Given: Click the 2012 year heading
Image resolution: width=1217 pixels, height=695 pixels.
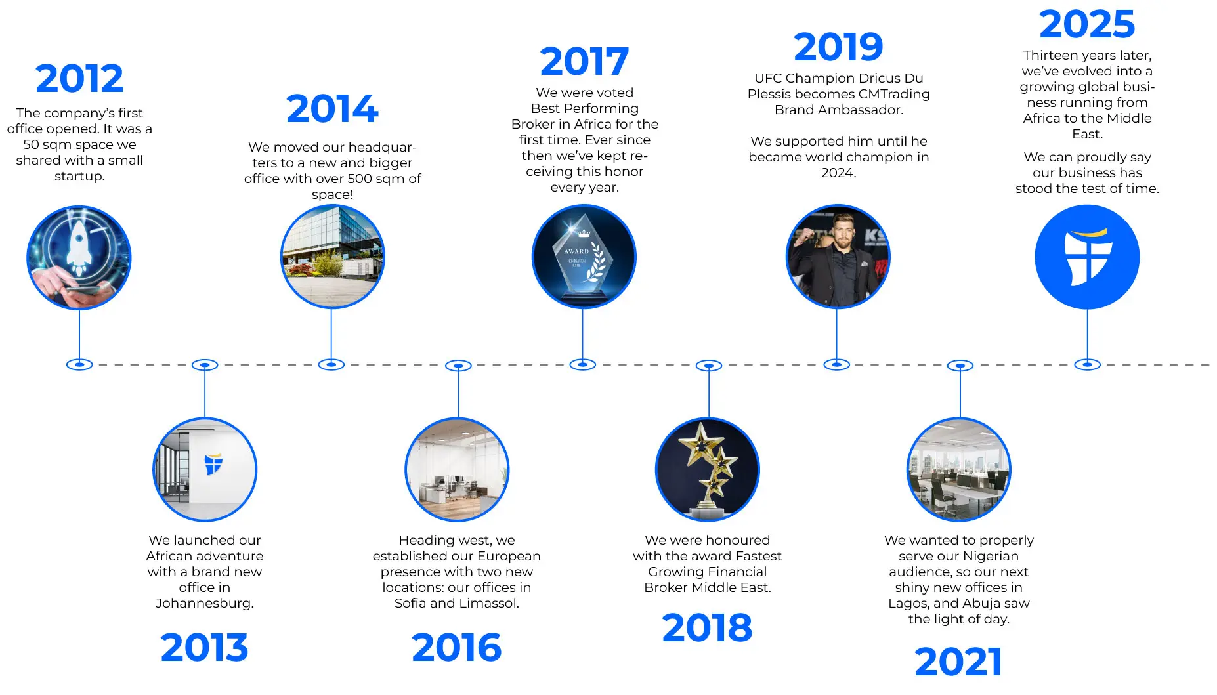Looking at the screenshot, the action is pyautogui.click(x=79, y=78).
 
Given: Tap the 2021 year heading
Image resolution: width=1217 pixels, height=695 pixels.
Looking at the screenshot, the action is pyautogui.click(x=958, y=662).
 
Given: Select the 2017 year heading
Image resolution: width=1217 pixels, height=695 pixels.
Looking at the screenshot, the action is pyautogui.click(x=584, y=61).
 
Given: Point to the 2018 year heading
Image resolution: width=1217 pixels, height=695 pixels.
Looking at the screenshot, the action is pyautogui.click(x=707, y=627).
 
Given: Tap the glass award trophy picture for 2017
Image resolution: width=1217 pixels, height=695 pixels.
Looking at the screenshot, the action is pyautogui.click(x=584, y=257).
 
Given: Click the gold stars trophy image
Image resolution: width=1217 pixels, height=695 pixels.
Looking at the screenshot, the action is pyautogui.click(x=708, y=470).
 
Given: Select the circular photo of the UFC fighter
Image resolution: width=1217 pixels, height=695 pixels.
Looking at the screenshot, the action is pyautogui.click(x=838, y=257).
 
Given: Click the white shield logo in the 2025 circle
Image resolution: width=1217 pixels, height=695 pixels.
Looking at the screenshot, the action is pyautogui.click(x=1087, y=257).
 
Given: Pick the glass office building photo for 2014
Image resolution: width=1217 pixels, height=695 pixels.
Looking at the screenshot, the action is pyautogui.click(x=332, y=257).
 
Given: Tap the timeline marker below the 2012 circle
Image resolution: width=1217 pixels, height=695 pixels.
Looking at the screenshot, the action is pyautogui.click(x=79, y=365).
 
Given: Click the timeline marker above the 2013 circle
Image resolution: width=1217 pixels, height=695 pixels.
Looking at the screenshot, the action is pyautogui.click(x=205, y=365).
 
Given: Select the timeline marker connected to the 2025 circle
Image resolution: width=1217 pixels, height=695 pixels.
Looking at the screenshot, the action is pyautogui.click(x=1087, y=365).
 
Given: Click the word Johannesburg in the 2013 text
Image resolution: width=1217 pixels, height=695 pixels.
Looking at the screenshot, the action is pyautogui.click(x=204, y=603).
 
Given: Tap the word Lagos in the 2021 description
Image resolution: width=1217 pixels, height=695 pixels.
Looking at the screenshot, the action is pyautogui.click(x=908, y=603).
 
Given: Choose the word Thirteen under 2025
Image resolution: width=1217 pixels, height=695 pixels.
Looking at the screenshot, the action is pyautogui.click(x=1052, y=55).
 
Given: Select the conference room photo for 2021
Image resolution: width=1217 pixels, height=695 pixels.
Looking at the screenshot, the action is pyautogui.click(x=959, y=470).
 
